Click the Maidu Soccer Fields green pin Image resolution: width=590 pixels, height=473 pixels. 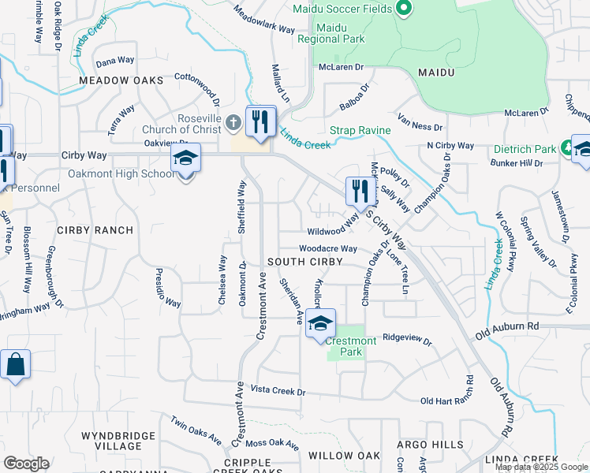click(x=404, y=9)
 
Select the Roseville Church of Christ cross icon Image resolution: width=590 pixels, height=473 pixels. click(x=232, y=123)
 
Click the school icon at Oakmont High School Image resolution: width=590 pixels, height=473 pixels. click(x=185, y=158)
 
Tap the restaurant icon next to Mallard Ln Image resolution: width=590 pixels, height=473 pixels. click(x=260, y=121)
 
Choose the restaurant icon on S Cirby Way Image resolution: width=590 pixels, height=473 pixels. click(x=357, y=191)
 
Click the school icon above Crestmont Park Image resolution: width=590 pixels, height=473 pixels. click(x=320, y=323)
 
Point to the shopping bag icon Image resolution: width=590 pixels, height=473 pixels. click(x=15, y=365)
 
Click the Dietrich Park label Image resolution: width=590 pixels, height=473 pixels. click(x=525, y=149)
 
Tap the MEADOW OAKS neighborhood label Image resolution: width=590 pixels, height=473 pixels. click(x=121, y=80)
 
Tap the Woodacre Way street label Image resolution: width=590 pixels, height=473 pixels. click(x=328, y=248)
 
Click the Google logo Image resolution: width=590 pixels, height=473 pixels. click(x=26, y=464)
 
